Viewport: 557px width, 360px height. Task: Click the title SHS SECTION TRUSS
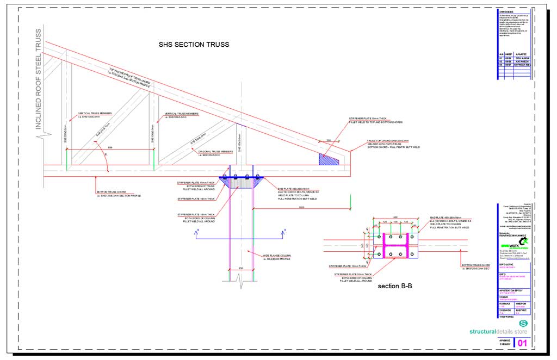(194, 44)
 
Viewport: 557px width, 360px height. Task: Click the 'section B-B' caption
(397, 286)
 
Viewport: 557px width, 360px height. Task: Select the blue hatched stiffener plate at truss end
(329, 159)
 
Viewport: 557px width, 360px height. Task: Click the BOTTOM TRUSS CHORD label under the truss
(112, 192)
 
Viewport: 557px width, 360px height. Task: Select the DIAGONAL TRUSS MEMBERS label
(216, 152)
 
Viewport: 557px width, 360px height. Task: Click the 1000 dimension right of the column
(301, 207)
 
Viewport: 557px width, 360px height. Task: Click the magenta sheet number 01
(522, 343)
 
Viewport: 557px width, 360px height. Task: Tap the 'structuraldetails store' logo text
(498, 331)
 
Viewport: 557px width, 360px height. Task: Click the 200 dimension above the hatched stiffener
(328, 140)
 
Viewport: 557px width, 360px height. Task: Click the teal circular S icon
(523, 324)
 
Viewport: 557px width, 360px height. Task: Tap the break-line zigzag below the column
(239, 277)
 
